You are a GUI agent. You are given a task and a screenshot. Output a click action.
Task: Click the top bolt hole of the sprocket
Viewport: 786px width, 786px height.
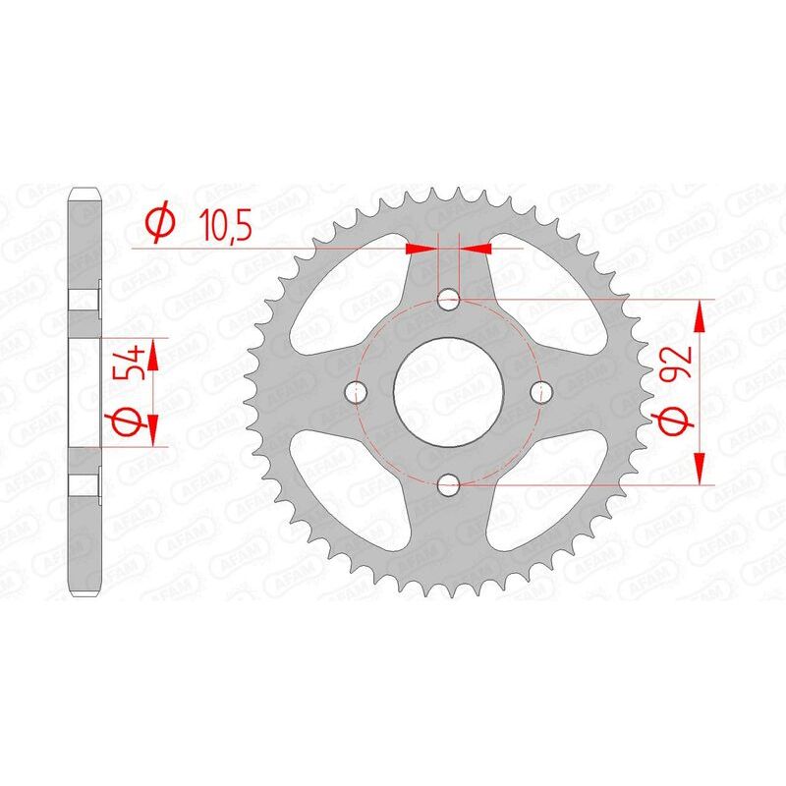449,299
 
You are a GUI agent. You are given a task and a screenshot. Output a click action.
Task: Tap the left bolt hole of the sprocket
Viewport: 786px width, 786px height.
358,391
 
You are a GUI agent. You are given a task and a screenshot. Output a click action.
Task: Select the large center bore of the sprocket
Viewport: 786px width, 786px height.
449,391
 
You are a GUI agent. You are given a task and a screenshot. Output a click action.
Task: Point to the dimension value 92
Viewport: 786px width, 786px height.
679,363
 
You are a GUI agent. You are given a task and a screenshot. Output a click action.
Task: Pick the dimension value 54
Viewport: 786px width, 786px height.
138,362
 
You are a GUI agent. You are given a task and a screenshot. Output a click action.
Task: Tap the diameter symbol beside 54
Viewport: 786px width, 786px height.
138,421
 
